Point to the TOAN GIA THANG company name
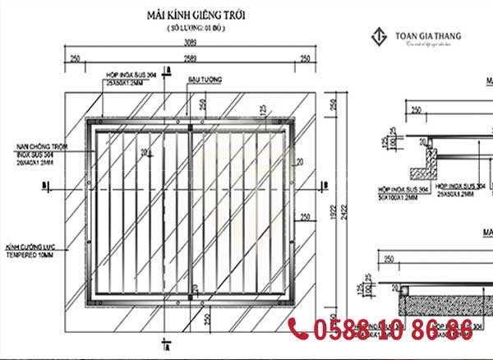pos(428,36)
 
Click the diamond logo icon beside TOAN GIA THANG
pos(380,38)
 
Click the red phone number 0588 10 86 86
pos(392,331)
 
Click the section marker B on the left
pos(41,186)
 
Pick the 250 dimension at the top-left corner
pos(75,58)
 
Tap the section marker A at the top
pos(167,68)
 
